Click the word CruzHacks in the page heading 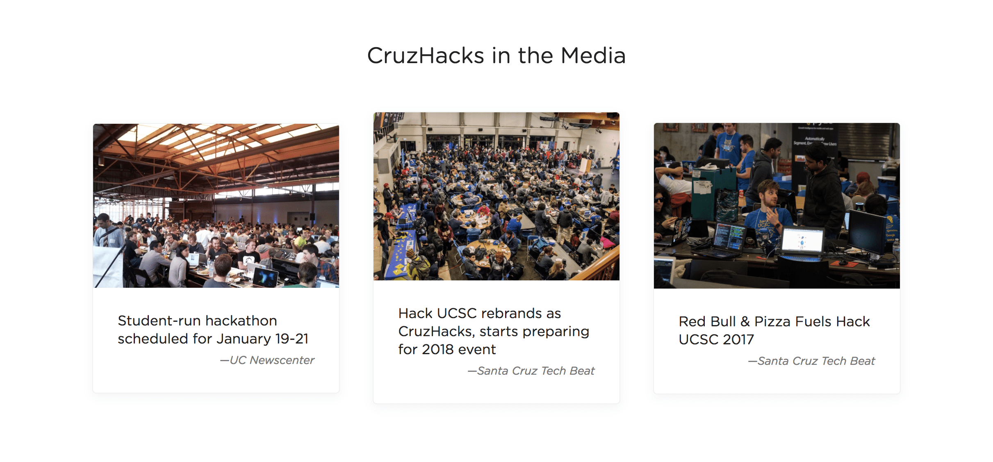pyautogui.click(x=426, y=55)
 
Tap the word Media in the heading pyautogui.click(x=593, y=55)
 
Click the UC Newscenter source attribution pyautogui.click(x=267, y=360)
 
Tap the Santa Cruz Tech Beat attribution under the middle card pyautogui.click(x=531, y=371)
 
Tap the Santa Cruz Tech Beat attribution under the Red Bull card pyautogui.click(x=812, y=361)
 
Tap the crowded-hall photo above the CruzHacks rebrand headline pyautogui.click(x=496, y=196)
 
